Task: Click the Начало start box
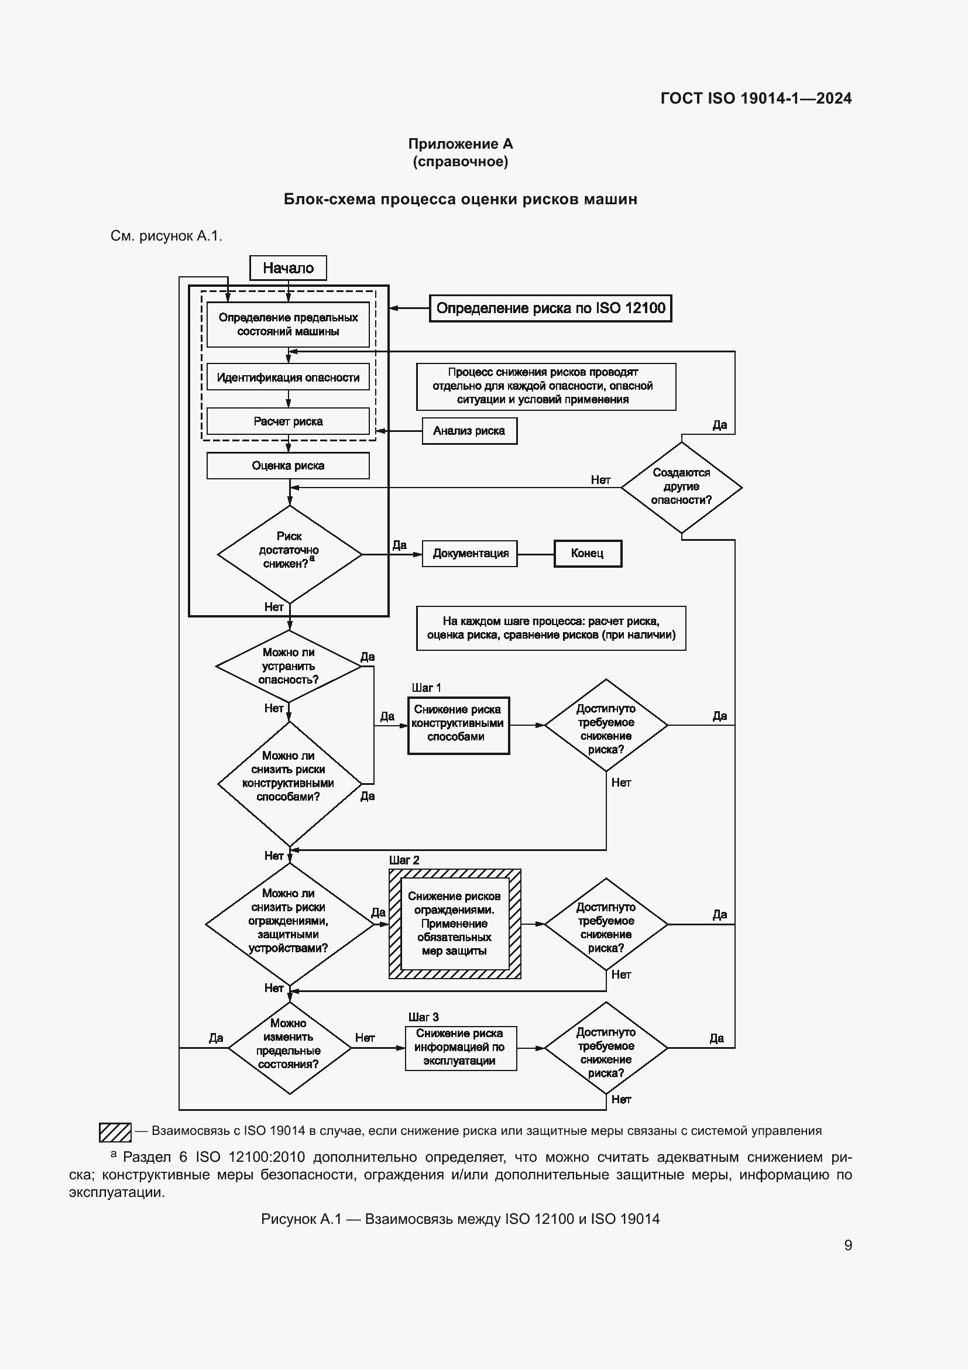[288, 267]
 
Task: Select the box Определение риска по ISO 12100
[550, 308]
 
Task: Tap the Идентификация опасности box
[288, 378]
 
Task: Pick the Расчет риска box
[288, 421]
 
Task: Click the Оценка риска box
[288, 466]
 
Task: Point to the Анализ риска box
[469, 431]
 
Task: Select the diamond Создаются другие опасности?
[681, 486]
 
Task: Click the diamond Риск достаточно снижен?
[289, 553]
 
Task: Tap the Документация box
[470, 553]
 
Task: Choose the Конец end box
[587, 553]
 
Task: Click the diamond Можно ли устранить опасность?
[289, 666]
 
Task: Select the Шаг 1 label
[426, 688]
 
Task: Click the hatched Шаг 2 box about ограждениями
[454, 924]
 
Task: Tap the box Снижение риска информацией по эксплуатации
[460, 1048]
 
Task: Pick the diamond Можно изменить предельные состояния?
[289, 1048]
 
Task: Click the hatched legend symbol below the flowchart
[115, 1132]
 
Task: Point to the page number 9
[847, 1245]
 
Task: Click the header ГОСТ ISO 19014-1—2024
[756, 98]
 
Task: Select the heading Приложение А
[460, 144]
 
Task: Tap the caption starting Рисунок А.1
[460, 1219]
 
